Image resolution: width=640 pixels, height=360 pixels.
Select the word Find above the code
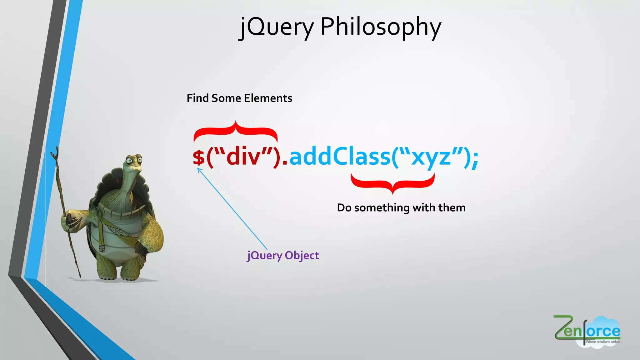(x=197, y=98)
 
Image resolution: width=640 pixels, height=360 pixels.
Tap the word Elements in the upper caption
(x=268, y=98)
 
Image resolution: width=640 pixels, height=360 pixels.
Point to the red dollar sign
(x=199, y=157)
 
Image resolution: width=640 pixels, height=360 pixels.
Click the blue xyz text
(x=431, y=157)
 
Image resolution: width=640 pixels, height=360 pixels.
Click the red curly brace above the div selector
(x=236, y=131)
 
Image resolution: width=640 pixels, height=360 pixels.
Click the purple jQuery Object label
(x=283, y=256)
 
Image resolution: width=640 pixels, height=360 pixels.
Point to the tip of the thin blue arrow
(x=198, y=168)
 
